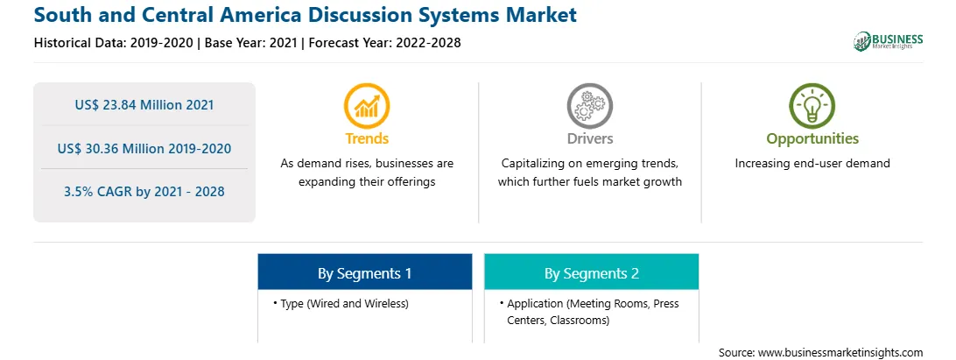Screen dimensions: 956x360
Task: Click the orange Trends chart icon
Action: (x=367, y=106)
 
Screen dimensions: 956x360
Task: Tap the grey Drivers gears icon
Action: (x=589, y=106)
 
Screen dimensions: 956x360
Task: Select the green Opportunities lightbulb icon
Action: (x=812, y=106)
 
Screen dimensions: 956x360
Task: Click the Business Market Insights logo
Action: (x=889, y=41)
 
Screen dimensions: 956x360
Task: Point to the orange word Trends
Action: (x=367, y=138)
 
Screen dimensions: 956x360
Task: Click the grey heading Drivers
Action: (x=589, y=138)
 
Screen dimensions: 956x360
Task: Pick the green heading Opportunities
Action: (x=812, y=139)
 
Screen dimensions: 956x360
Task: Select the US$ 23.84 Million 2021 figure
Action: (x=144, y=105)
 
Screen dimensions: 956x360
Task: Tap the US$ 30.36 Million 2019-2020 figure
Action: (x=144, y=148)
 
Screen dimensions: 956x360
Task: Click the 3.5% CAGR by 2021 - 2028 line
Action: (x=144, y=192)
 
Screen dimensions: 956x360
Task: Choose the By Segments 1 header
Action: (x=364, y=273)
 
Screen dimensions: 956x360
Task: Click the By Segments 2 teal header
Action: (x=592, y=273)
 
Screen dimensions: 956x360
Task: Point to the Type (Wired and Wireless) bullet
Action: (x=341, y=303)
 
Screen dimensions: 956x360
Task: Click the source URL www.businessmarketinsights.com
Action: (x=840, y=353)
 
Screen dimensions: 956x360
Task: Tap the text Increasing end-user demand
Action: (x=812, y=164)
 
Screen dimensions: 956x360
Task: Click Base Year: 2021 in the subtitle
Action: (x=250, y=43)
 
